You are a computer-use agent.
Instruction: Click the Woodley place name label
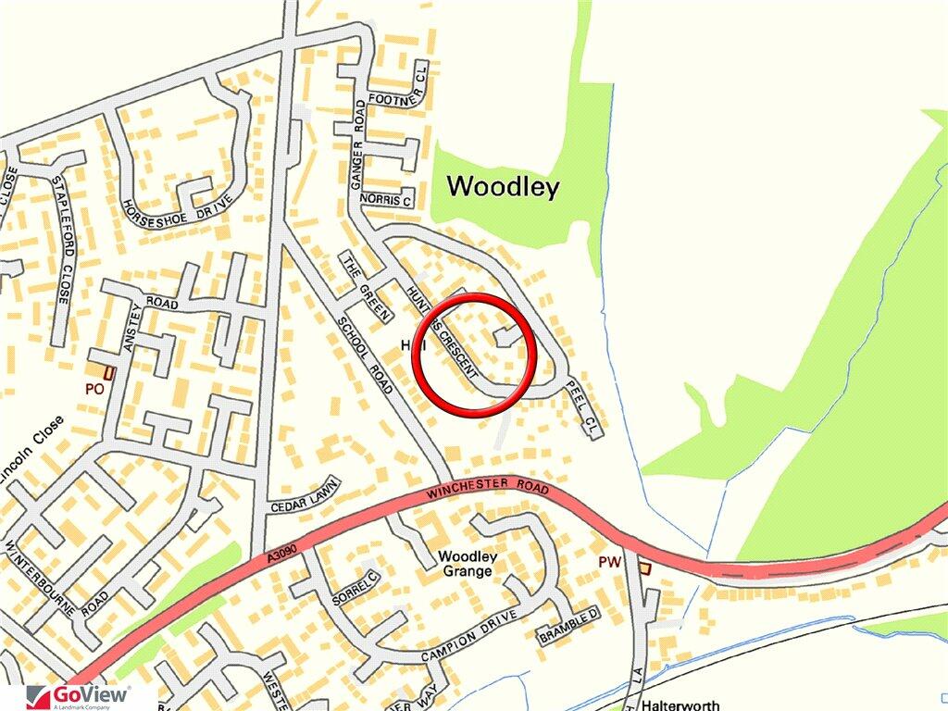pyautogui.click(x=503, y=187)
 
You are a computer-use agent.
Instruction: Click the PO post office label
pyautogui.click(x=95, y=389)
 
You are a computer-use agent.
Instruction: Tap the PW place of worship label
pyautogui.click(x=608, y=561)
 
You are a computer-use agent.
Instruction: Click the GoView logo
pyautogui.click(x=79, y=697)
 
